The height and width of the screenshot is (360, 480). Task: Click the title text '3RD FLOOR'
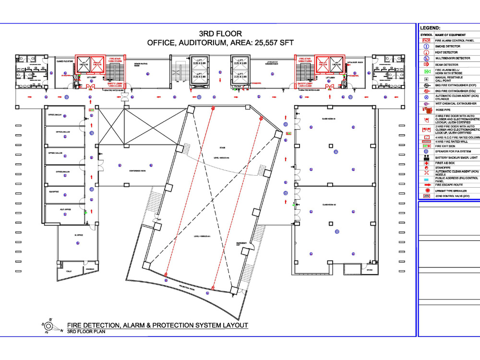click(220, 34)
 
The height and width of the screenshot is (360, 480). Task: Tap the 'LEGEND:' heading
click(430, 28)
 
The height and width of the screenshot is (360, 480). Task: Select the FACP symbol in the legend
click(426, 41)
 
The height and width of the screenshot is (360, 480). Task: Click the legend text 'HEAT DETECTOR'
click(446, 52)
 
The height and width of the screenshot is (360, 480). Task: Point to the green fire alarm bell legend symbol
click(426, 72)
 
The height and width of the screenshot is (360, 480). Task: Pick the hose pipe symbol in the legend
click(426, 110)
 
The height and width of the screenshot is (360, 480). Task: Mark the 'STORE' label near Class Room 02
click(370, 270)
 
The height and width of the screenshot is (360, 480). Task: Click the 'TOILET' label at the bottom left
click(69, 272)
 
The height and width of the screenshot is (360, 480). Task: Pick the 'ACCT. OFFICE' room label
click(65, 210)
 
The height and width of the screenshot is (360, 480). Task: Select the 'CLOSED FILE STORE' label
click(65, 61)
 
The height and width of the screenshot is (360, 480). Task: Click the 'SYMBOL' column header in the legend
click(426, 35)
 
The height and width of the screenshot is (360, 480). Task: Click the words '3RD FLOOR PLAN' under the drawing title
click(86, 332)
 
